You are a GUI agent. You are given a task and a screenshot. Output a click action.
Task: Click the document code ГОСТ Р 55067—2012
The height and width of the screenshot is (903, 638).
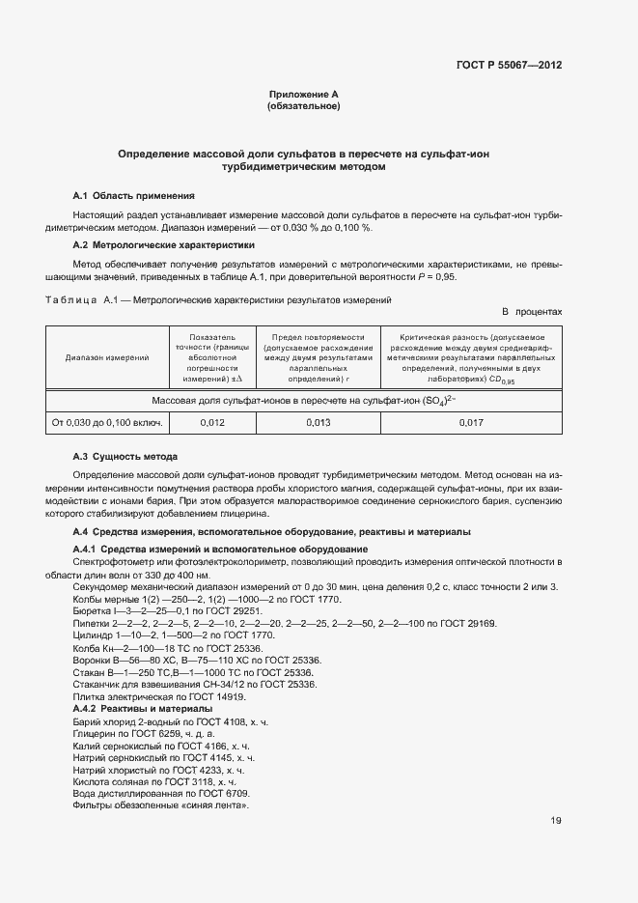pyautogui.click(x=509, y=66)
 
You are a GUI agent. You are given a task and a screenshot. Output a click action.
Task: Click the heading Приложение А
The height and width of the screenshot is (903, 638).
pyautogui.click(x=303, y=94)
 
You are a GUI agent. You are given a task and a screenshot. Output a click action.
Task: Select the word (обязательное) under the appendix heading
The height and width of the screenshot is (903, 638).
pyautogui.click(x=303, y=106)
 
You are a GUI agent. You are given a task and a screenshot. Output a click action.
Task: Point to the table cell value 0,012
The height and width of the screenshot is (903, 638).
pyautogui.click(x=213, y=423)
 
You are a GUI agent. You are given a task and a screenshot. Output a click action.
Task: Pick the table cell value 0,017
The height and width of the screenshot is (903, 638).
pyautogui.click(x=470, y=423)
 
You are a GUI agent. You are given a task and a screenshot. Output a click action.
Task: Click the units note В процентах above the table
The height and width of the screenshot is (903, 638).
pyautogui.click(x=531, y=313)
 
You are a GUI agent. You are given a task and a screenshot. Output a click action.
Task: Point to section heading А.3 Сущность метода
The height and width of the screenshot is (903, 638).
pyautogui.click(x=125, y=456)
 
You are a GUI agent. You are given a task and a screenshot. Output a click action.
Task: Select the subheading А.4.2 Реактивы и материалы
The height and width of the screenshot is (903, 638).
pyautogui.click(x=143, y=710)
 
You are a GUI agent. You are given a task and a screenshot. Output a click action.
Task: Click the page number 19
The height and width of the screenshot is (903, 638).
pyautogui.click(x=556, y=821)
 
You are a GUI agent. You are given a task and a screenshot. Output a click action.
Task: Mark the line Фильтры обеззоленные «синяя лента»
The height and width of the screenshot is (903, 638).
pyautogui.click(x=161, y=805)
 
